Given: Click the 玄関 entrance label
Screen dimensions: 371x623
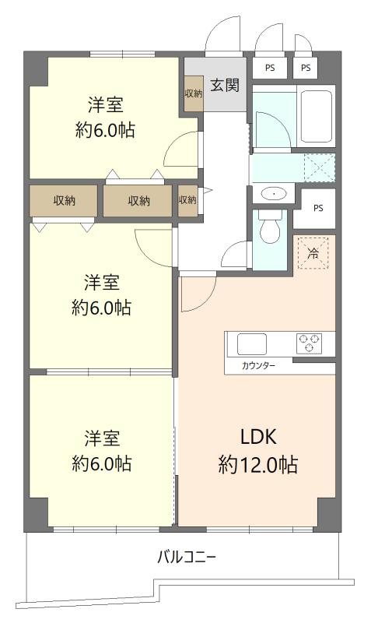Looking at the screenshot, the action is pyautogui.click(x=225, y=85).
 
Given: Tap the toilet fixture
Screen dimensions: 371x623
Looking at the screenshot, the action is pyautogui.click(x=270, y=226).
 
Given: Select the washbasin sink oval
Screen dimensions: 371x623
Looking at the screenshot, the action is pyautogui.click(x=274, y=193).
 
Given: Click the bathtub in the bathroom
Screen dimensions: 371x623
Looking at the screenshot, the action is pyautogui.click(x=316, y=117).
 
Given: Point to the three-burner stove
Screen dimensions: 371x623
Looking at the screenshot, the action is pyautogui.click(x=309, y=343).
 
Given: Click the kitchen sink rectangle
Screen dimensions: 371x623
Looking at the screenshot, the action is pyautogui.click(x=251, y=344).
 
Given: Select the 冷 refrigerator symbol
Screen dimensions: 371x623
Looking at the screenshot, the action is pyautogui.click(x=313, y=253).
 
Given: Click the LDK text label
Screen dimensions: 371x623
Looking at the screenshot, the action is pyautogui.click(x=258, y=437).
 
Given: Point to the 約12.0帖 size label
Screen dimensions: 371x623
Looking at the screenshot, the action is pyautogui.click(x=258, y=464).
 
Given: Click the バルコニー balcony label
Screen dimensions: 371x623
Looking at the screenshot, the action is pyautogui.click(x=187, y=557).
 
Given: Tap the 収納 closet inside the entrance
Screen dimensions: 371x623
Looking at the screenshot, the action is pyautogui.click(x=193, y=93).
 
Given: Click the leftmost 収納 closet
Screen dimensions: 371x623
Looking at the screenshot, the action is pyautogui.click(x=64, y=201).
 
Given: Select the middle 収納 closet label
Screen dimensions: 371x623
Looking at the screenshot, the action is pyautogui.click(x=139, y=201).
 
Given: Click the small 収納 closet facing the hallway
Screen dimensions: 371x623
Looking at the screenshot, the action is pyautogui.click(x=187, y=200).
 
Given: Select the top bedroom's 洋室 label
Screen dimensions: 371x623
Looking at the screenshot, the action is pyautogui.click(x=105, y=105).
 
